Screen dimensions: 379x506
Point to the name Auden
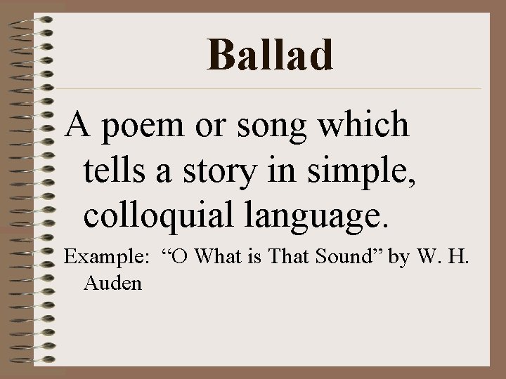(112, 283)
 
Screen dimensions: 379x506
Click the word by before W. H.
(399, 258)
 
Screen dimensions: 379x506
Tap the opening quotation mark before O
(168, 253)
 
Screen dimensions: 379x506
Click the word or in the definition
(216, 126)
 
